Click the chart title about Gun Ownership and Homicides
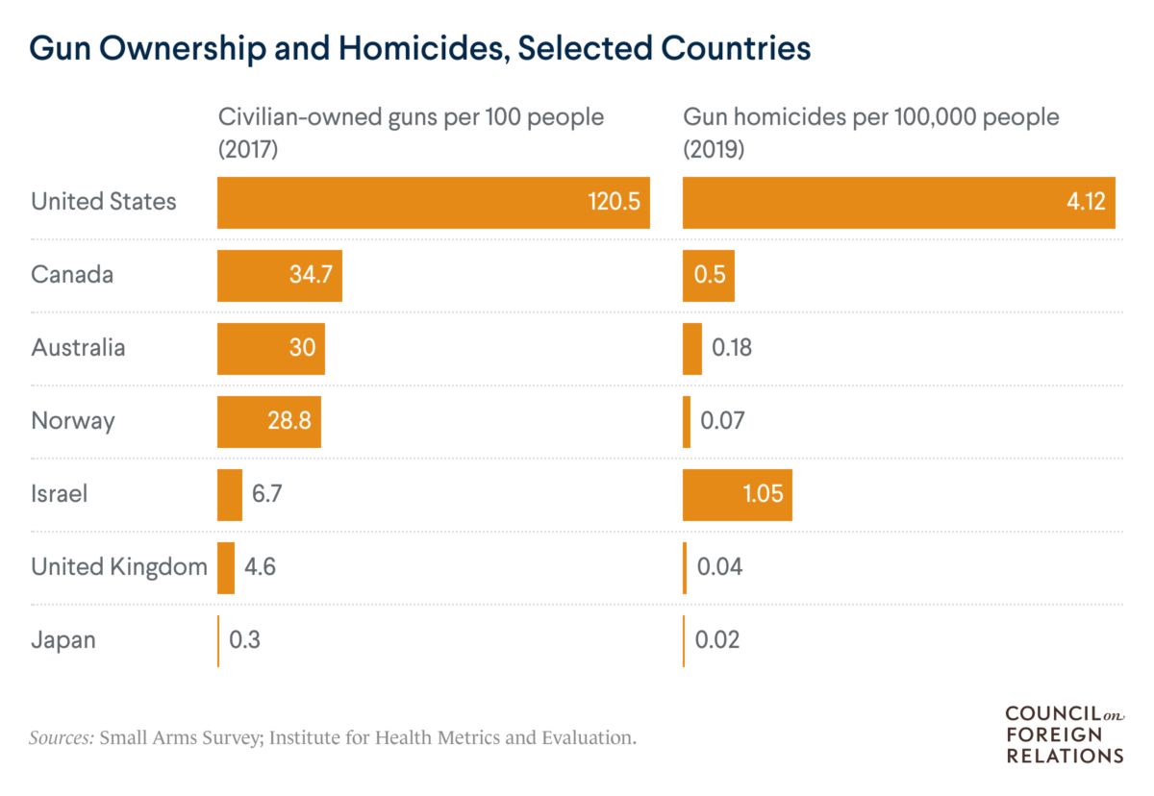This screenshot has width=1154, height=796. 420,49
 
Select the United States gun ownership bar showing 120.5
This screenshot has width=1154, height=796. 433,202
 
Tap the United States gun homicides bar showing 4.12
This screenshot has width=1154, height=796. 898,202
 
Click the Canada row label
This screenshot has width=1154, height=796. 72,275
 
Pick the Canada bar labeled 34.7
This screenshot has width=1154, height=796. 279,275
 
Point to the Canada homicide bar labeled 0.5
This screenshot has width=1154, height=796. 708,275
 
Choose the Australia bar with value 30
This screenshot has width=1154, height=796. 270,348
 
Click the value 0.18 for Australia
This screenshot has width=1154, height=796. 731,348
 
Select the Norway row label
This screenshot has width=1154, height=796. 73,421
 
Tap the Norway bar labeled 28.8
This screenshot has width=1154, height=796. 268,421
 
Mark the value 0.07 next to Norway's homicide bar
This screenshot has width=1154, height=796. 721,421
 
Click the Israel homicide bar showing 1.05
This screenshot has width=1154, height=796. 737,494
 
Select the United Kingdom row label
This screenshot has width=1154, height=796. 119,567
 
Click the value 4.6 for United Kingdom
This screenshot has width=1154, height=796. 261,567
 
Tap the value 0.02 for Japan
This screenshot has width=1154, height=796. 717,640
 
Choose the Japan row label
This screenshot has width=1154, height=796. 63,640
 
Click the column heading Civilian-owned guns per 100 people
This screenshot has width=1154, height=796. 411,132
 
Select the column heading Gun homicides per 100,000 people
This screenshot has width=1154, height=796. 870,132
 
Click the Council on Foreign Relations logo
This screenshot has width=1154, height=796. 1065,734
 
